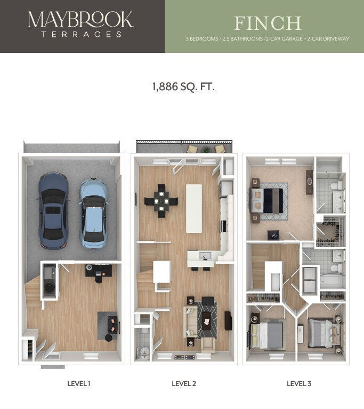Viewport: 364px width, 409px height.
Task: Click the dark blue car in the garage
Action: click(x=53, y=210)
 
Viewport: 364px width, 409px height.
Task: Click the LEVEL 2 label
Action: click(x=184, y=383)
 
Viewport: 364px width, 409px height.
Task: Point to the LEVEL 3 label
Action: click(x=298, y=383)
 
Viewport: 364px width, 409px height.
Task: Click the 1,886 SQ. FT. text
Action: click(x=183, y=86)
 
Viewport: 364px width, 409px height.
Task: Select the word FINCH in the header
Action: click(x=268, y=23)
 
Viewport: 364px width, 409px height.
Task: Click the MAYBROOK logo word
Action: click(x=80, y=20)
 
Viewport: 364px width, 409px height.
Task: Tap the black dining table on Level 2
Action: click(x=160, y=202)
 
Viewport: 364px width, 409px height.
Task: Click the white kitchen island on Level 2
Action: click(x=194, y=208)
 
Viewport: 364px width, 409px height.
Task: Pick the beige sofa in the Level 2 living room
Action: click(x=190, y=321)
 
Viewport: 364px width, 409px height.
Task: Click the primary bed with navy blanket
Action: click(x=272, y=200)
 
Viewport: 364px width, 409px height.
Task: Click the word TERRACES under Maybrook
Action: click(x=80, y=34)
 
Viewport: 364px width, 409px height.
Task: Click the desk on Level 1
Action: click(x=98, y=272)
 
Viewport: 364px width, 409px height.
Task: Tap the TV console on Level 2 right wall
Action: click(x=228, y=320)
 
